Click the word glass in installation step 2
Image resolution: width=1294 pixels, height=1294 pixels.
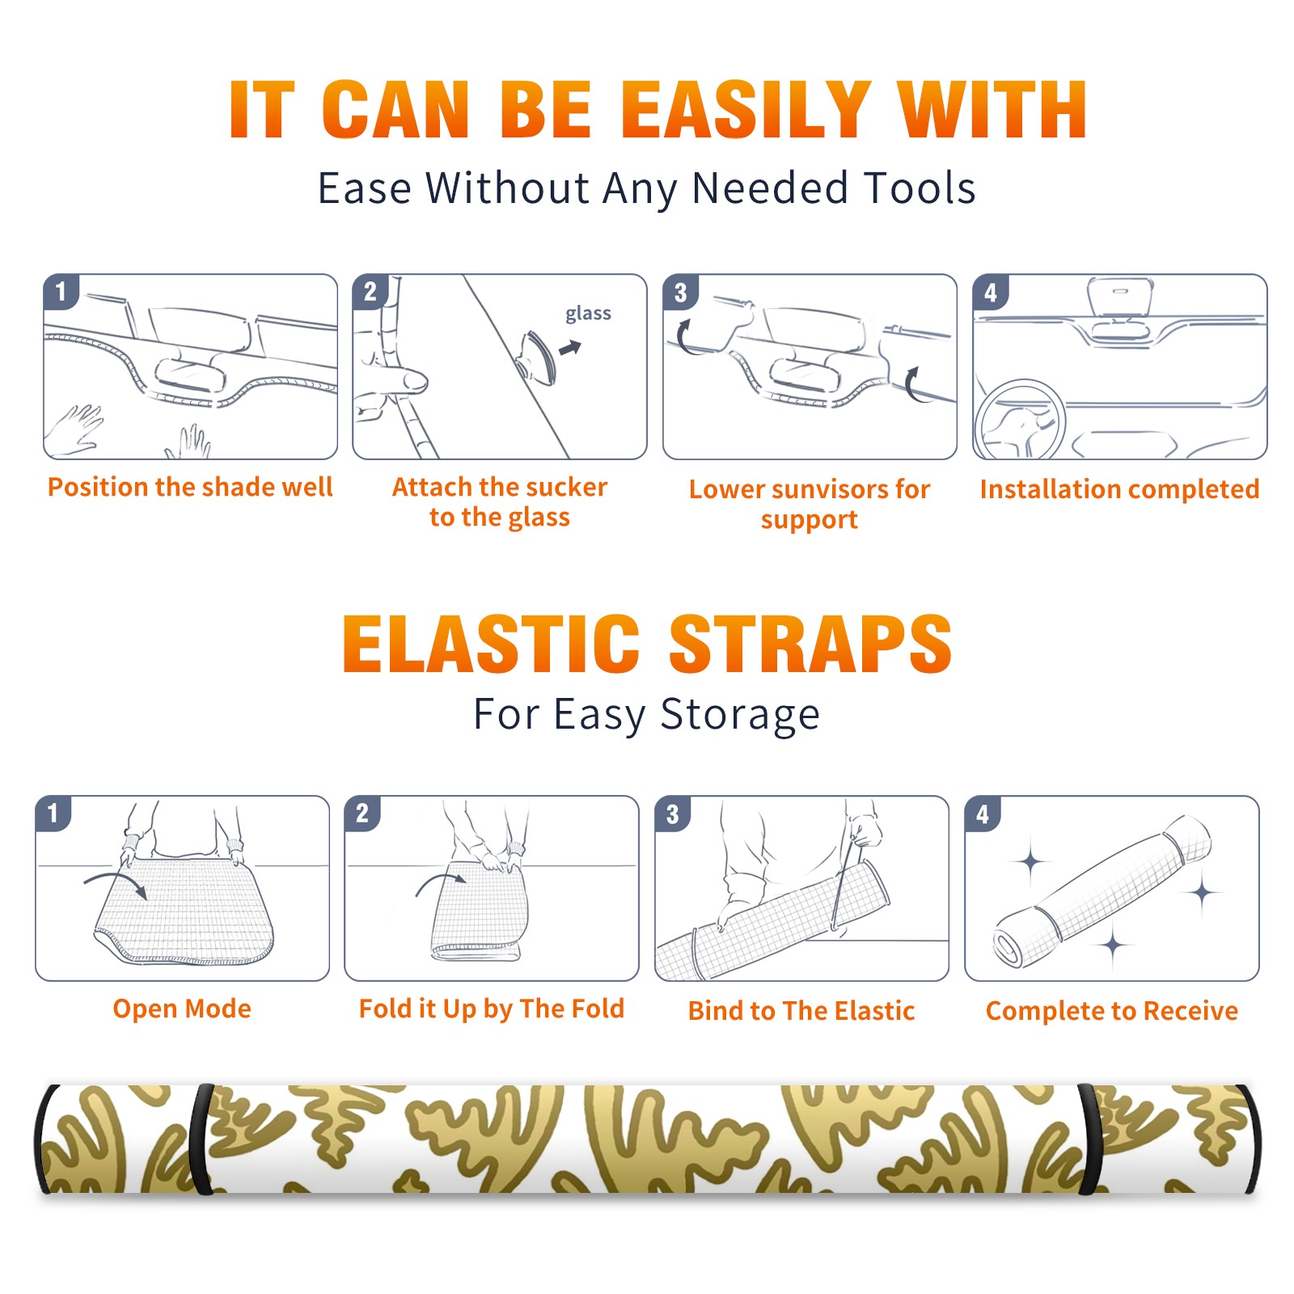(x=588, y=314)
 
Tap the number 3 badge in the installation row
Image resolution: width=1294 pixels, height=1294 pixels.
(x=680, y=292)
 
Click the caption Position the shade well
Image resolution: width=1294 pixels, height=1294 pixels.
(x=190, y=487)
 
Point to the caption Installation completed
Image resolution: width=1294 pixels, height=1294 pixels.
(x=1119, y=488)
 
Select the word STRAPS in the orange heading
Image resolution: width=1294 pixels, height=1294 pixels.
(x=810, y=644)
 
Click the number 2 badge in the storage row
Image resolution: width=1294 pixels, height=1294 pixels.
(x=362, y=813)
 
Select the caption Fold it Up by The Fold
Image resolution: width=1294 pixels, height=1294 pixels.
(x=492, y=1009)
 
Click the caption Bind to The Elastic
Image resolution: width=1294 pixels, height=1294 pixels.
(x=801, y=1010)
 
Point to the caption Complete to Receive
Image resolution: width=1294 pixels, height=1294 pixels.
(x=1112, y=1011)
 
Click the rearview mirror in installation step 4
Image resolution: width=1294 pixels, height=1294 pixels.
(x=1119, y=297)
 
